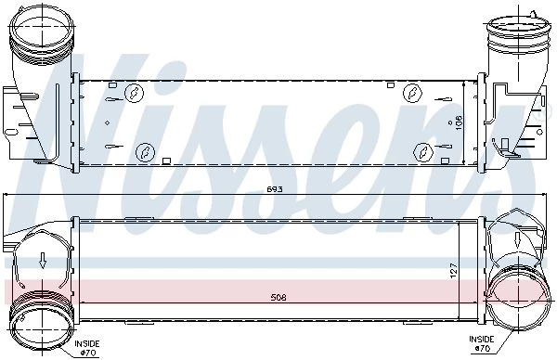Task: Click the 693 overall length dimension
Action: (x=274, y=189)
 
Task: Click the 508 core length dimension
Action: (x=278, y=298)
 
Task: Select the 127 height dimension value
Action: (x=455, y=271)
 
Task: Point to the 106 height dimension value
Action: (x=459, y=122)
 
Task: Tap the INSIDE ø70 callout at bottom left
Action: (x=86, y=348)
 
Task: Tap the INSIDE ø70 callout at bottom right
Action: (x=481, y=344)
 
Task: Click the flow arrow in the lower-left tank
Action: (x=43, y=260)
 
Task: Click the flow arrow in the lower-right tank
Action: (x=518, y=240)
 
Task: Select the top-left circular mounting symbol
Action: (x=135, y=94)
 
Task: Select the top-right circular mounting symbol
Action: (x=412, y=93)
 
